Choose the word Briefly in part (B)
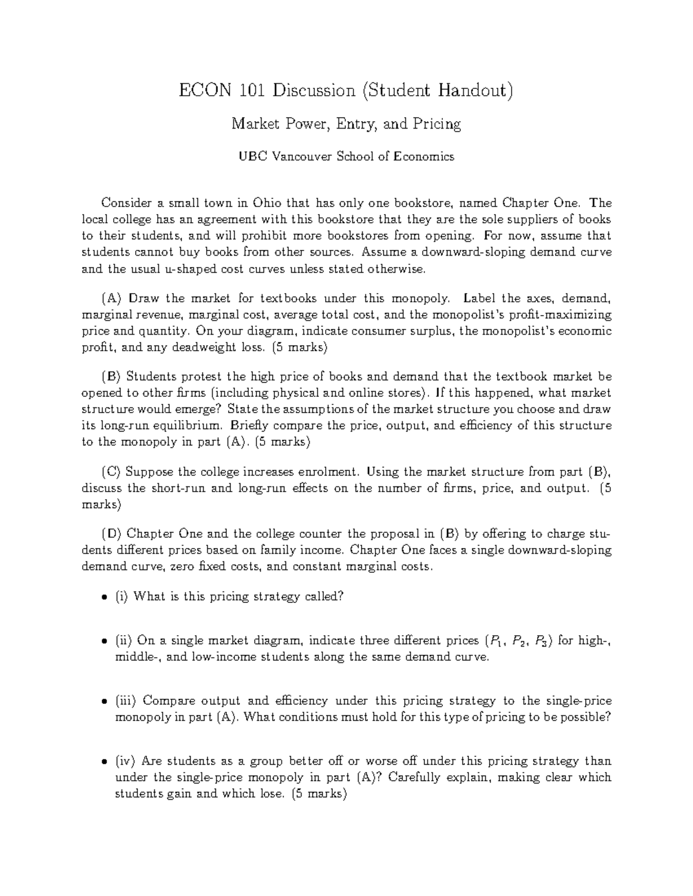pyautogui.click(x=248, y=426)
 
